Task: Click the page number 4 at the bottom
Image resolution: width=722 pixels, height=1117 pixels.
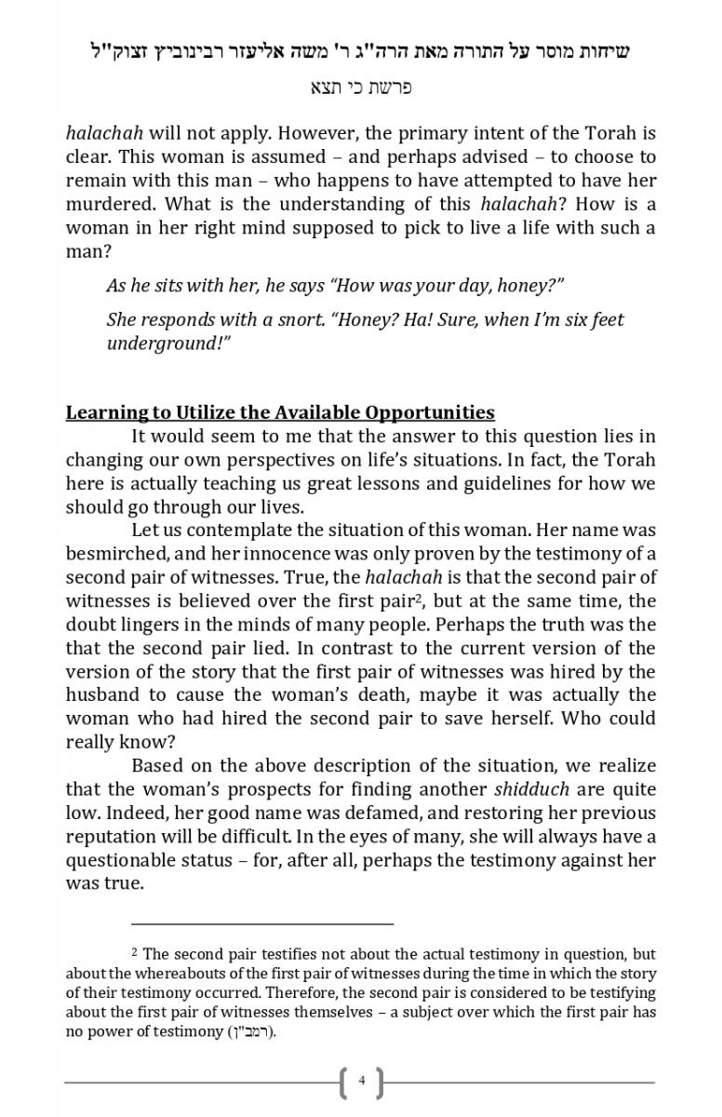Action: pos(361,1081)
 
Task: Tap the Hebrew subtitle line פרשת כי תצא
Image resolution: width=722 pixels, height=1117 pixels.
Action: pos(361,88)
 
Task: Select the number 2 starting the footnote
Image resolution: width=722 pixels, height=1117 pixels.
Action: pos(135,952)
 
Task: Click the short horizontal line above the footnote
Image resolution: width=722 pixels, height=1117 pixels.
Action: pos(262,924)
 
